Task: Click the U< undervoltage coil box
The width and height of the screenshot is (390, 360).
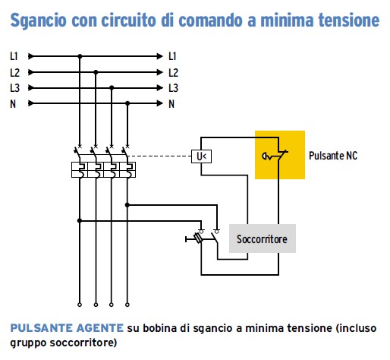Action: pos(201,156)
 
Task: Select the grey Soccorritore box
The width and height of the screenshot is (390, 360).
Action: pos(263,238)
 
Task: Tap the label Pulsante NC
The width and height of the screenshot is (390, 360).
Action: pos(333,156)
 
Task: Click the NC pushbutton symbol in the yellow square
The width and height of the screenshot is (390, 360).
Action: pos(275,156)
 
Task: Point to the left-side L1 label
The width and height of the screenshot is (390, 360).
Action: pos(14,56)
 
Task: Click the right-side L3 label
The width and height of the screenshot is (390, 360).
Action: pos(174,88)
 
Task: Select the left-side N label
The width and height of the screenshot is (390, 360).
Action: pos(13,104)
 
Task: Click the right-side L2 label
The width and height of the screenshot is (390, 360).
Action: pos(174,72)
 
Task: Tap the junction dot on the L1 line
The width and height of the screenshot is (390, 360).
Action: pos(80,56)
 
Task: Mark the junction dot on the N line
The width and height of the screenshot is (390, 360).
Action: pos(127,103)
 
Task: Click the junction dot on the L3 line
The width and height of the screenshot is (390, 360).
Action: pos(112,88)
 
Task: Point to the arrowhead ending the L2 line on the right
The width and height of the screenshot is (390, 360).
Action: pos(159,72)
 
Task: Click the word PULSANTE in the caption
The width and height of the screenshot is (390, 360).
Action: pos(42,328)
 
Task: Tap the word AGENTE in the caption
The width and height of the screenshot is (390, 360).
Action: pos(100,328)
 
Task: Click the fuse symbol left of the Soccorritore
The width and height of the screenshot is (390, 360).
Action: pos(198,238)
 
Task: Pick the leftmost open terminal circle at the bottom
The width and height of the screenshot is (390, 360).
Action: pos(80,305)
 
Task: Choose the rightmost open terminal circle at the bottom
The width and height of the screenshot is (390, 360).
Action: pos(127,305)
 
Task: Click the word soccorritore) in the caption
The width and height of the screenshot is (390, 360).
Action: pos(83,343)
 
